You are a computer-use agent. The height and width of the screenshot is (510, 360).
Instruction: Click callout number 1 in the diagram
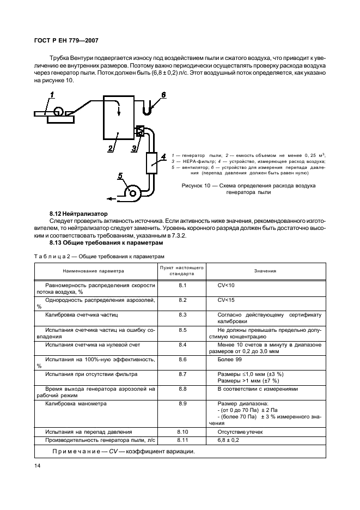pos(52,96)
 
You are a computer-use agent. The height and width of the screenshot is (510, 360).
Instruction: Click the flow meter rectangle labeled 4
pos(152,161)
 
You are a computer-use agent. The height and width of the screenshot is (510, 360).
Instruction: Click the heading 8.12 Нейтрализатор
pos(78,214)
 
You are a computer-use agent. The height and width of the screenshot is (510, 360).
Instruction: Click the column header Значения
pos(265,271)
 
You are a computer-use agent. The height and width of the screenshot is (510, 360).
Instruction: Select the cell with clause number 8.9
pos(182,404)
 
